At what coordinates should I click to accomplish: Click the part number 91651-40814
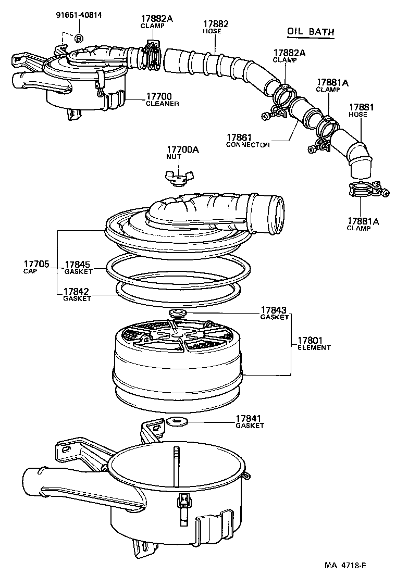click(x=79, y=15)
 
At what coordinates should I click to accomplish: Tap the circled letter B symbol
click(x=79, y=38)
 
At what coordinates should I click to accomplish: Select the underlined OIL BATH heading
click(x=311, y=32)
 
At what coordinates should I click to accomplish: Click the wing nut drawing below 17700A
click(x=176, y=177)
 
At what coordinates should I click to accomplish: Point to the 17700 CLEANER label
click(x=162, y=99)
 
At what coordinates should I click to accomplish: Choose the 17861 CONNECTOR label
click(x=247, y=141)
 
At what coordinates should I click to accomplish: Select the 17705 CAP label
click(x=36, y=267)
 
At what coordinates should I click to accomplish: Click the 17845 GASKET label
click(x=78, y=267)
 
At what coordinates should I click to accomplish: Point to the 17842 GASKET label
click(x=77, y=295)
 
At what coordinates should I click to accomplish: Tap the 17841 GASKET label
click(x=250, y=421)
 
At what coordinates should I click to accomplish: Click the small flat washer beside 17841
click(x=178, y=420)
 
